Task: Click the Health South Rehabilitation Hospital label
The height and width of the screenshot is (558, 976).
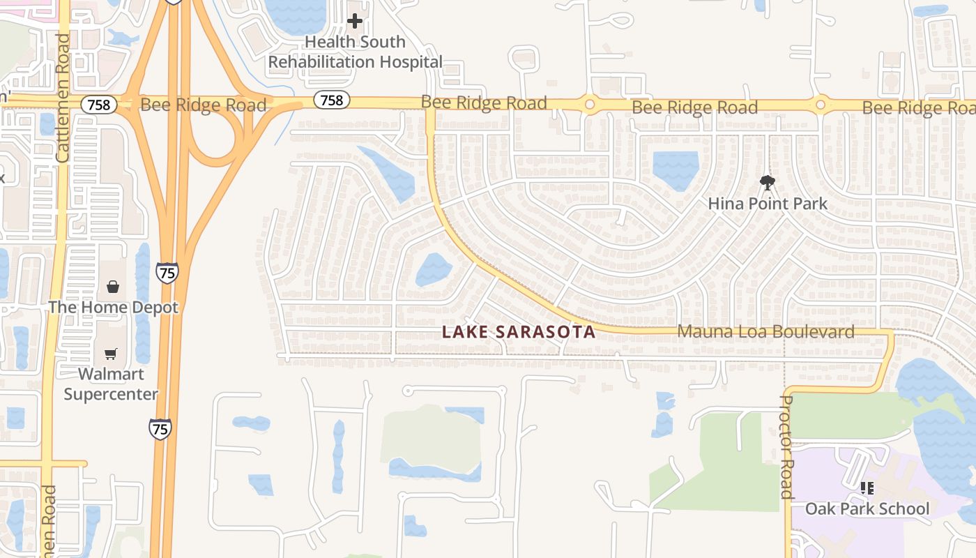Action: pyautogui.click(x=355, y=52)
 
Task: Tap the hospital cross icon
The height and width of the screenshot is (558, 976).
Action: pyautogui.click(x=355, y=21)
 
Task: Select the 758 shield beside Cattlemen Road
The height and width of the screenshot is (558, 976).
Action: pyautogui.click(x=99, y=105)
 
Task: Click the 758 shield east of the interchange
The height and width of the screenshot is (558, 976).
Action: pyautogui.click(x=331, y=100)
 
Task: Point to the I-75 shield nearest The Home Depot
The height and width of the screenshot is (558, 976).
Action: pyautogui.click(x=167, y=272)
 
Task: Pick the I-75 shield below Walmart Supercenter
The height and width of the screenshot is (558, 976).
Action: pyautogui.click(x=160, y=428)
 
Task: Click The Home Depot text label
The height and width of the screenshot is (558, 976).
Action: pyautogui.click(x=113, y=308)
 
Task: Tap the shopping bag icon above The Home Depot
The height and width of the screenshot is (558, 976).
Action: pyautogui.click(x=113, y=286)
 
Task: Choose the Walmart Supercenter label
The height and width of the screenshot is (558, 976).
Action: pyautogui.click(x=111, y=384)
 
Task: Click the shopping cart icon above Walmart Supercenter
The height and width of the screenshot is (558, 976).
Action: pyautogui.click(x=111, y=354)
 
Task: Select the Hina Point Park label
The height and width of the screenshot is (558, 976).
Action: pyautogui.click(x=768, y=204)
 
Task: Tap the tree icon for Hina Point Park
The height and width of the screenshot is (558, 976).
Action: pyautogui.click(x=768, y=183)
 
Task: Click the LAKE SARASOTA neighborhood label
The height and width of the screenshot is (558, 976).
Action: pyautogui.click(x=519, y=332)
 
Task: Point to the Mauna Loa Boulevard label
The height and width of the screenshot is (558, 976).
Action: pyautogui.click(x=765, y=331)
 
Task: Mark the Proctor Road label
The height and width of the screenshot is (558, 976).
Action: pyautogui.click(x=786, y=446)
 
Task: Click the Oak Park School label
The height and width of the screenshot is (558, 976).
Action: pyautogui.click(x=867, y=508)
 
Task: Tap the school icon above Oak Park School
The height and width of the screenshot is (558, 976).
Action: pyautogui.click(x=867, y=488)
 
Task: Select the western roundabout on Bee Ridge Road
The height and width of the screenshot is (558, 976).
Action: pyautogui.click(x=590, y=105)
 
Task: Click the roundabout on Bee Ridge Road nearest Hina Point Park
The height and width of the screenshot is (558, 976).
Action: pyautogui.click(x=821, y=105)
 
